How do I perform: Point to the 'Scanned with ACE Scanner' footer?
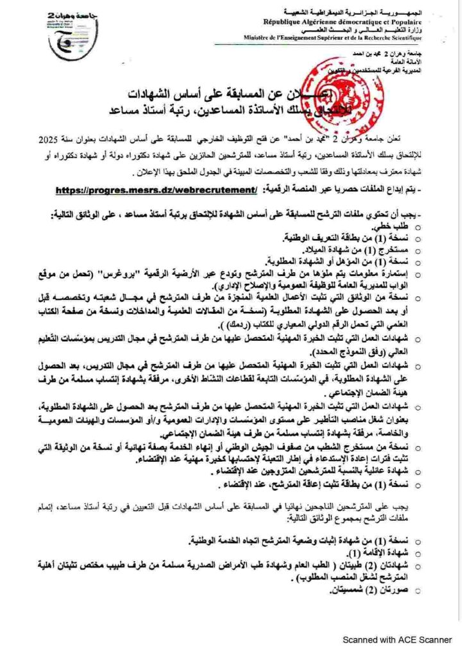click(398, 639)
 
